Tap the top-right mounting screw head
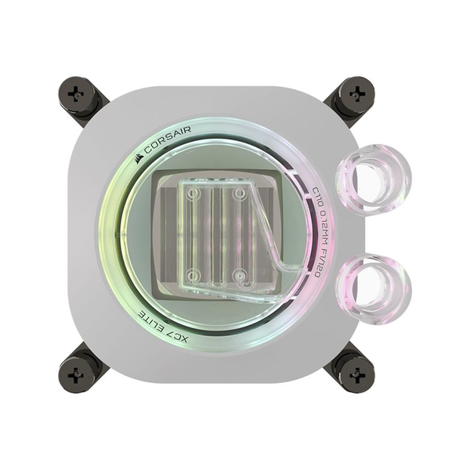point(356,94)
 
